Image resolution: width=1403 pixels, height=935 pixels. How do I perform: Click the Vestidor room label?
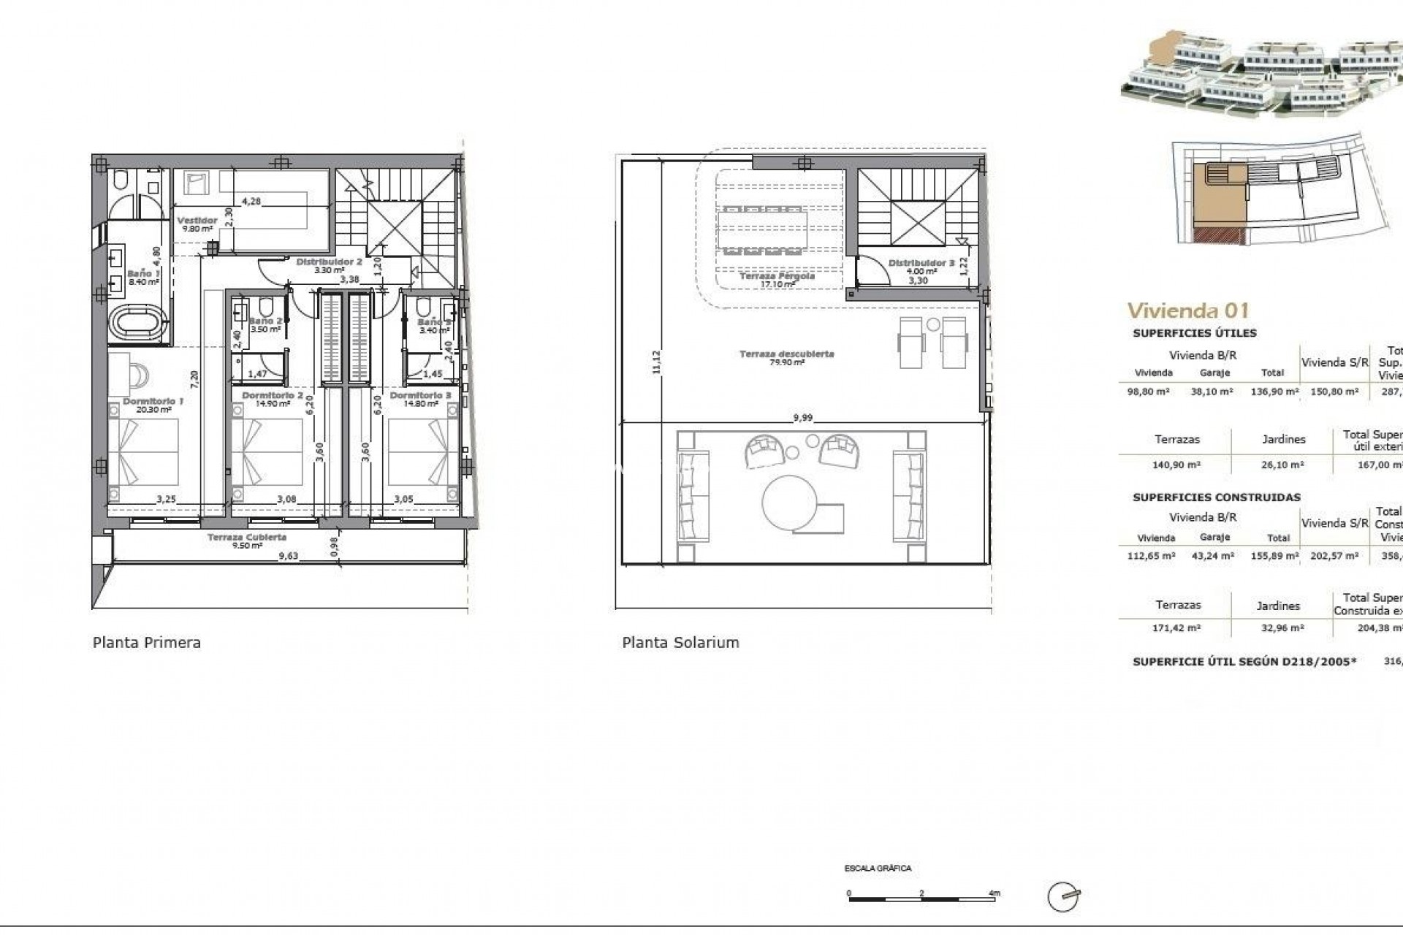point(197,220)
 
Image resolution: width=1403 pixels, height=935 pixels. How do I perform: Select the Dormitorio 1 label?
point(153,401)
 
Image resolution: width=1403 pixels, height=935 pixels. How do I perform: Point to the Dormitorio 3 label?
point(420,395)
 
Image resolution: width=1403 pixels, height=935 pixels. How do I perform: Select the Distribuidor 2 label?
point(329,261)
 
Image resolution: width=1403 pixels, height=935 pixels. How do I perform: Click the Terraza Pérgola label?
point(777,276)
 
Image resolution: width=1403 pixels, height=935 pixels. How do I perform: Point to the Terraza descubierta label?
point(786,354)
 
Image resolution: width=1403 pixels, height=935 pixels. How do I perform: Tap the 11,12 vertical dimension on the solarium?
point(655,362)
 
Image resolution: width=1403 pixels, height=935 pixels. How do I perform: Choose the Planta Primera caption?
point(147,643)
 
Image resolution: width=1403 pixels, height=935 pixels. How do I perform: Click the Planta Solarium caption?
point(680,643)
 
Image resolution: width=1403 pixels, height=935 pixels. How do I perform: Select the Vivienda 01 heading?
point(1188,310)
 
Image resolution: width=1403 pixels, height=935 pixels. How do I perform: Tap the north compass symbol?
point(1063,897)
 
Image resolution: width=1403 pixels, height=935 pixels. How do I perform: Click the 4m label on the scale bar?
point(993,893)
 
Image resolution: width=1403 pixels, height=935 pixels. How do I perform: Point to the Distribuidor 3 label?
point(921,263)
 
